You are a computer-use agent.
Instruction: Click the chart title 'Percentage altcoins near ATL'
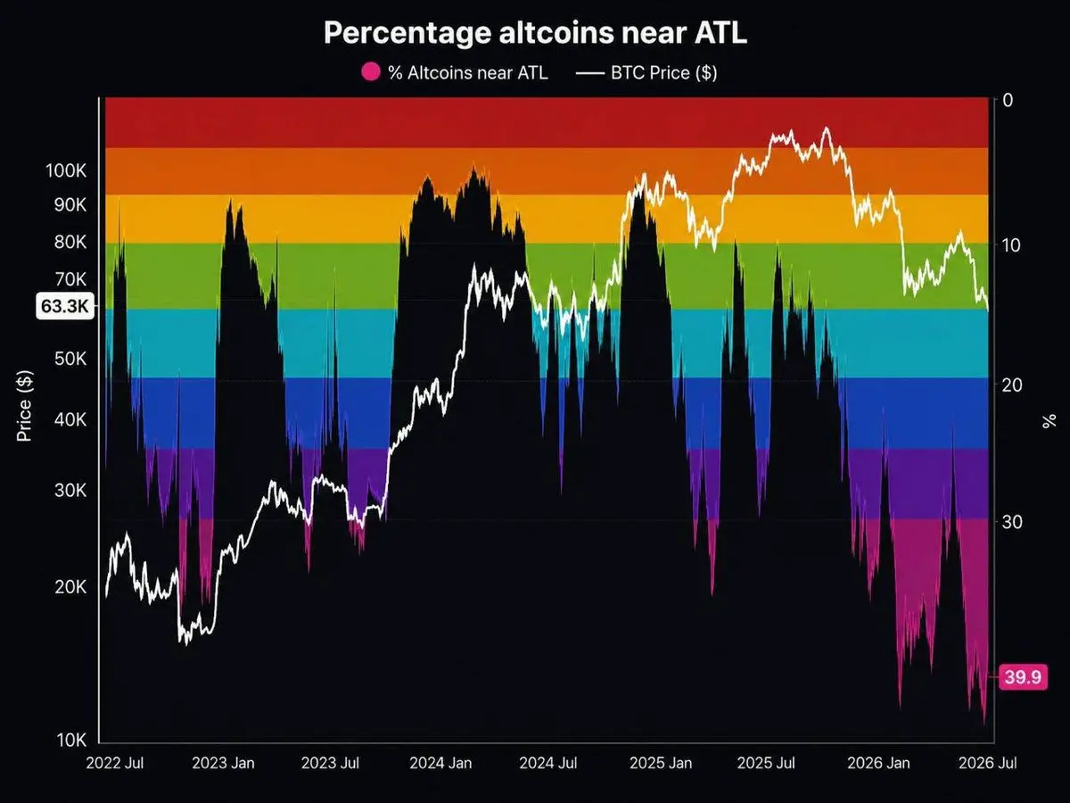click(x=535, y=33)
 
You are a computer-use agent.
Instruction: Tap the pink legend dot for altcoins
click(x=370, y=72)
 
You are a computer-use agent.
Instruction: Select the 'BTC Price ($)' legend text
click(x=664, y=73)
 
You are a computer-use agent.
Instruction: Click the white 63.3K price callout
click(x=65, y=306)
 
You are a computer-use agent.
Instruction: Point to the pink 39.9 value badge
click(x=1023, y=676)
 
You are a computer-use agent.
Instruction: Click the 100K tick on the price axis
click(x=66, y=171)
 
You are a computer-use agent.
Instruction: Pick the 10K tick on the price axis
click(x=71, y=741)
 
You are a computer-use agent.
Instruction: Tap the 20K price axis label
click(x=70, y=587)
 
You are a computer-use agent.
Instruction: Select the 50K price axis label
click(x=70, y=359)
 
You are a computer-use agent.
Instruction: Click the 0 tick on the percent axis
click(x=1007, y=101)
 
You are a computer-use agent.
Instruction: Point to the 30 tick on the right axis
click(x=1012, y=522)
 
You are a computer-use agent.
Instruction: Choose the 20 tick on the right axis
click(x=1012, y=385)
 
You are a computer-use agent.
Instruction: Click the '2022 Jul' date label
click(x=115, y=763)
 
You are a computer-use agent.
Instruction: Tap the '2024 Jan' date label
click(x=440, y=763)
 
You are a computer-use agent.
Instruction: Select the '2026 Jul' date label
click(x=988, y=763)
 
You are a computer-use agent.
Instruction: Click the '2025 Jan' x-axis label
click(x=661, y=763)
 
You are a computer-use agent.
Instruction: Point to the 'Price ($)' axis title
click(x=24, y=406)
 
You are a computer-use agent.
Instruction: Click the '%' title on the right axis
click(x=1049, y=421)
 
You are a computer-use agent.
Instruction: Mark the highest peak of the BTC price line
click(x=826, y=128)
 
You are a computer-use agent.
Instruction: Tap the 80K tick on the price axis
click(x=70, y=242)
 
